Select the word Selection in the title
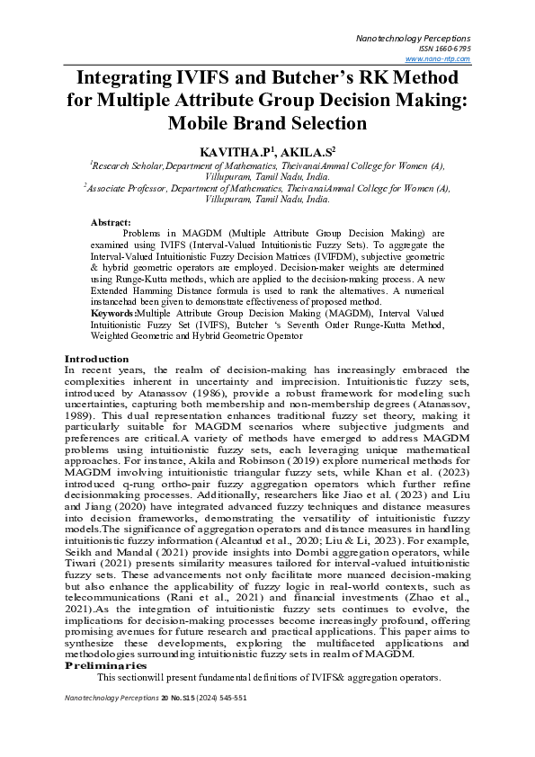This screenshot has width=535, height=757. [318, 122]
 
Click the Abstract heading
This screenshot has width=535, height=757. [111, 221]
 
